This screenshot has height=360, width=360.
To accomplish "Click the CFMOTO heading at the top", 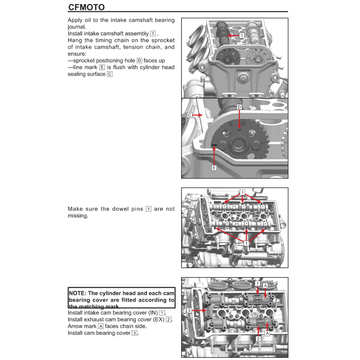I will pos(86,7).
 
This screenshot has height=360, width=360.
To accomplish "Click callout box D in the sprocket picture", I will pos(239,107).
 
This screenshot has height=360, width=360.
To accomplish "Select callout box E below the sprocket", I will pos(214,168).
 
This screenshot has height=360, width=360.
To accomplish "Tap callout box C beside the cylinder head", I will pos(189,115).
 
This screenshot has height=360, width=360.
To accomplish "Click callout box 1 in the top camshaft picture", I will pos(242,36).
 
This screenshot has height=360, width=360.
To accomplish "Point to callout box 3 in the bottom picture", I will pos(189,310).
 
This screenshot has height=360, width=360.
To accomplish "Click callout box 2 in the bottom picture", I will pos(258,339).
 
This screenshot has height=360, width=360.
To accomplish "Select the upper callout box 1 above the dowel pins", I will pos(243,192).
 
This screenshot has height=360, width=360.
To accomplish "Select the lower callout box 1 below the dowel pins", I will pos(246,243).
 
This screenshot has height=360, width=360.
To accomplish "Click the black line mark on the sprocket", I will pos(214,145).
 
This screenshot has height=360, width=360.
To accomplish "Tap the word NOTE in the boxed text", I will pos(76,293).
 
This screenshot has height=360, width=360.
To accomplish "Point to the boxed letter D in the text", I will pos(139,60).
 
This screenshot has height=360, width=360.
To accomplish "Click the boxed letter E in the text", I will pos(102,67).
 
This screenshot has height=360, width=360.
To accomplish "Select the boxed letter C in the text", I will pos(110,74).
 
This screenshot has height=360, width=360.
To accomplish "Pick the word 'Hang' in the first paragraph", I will pos(75,40).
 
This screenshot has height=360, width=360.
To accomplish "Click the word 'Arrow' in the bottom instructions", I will pos(75,326).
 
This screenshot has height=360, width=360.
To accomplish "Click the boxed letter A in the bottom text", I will pos(101,326).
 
